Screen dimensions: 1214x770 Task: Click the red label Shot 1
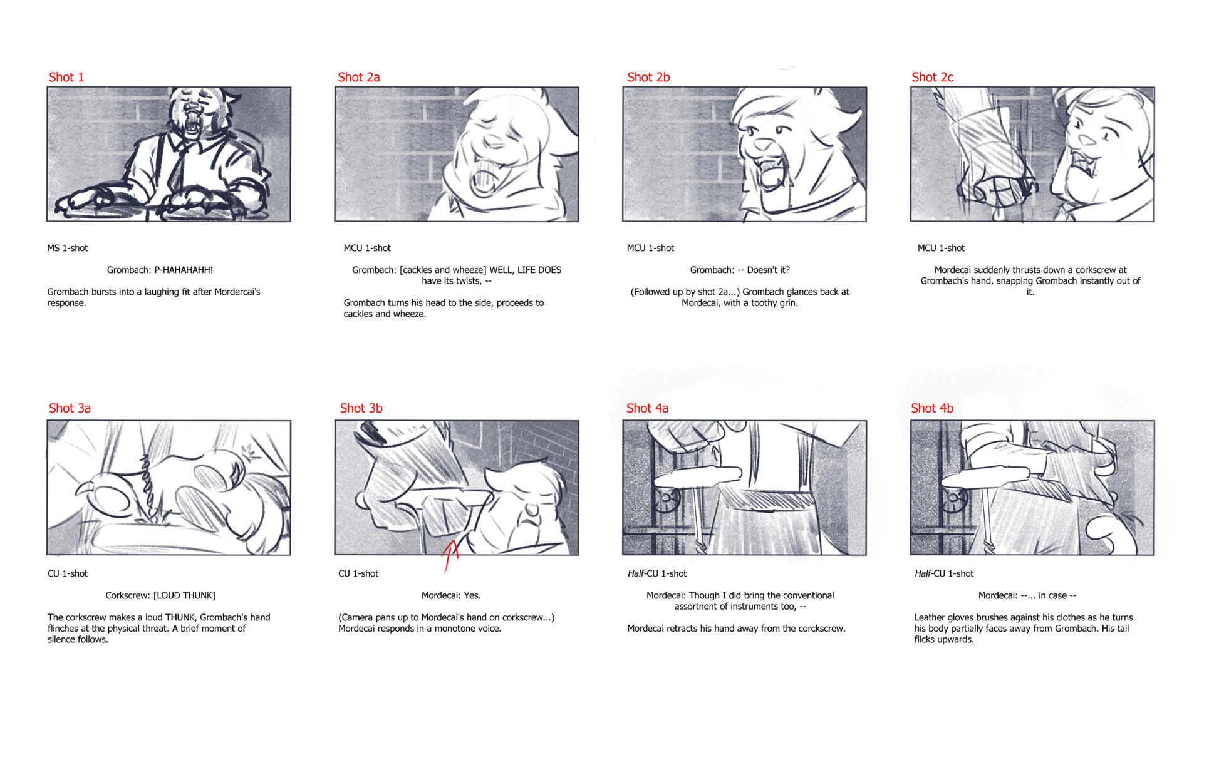(66, 77)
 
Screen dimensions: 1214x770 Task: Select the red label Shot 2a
(359, 77)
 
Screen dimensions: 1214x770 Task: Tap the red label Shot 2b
(648, 77)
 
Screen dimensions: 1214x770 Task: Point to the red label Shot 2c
(932, 77)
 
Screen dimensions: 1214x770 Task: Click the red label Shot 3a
(70, 408)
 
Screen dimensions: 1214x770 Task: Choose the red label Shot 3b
(361, 408)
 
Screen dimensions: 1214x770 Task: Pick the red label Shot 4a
(647, 408)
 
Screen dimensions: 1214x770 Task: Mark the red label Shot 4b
(932, 408)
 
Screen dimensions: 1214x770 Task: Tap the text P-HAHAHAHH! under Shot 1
(184, 270)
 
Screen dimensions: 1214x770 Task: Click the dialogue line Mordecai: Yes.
(451, 595)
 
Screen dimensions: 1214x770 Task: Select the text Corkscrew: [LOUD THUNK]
(160, 595)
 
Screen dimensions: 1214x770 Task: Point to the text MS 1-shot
(68, 248)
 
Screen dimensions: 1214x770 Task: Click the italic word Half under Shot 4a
(636, 573)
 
